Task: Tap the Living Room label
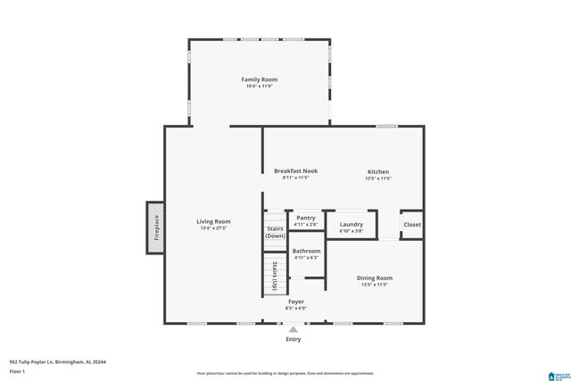(x=214, y=221)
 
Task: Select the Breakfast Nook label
(x=295, y=170)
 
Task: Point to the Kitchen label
(x=378, y=171)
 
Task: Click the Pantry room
(x=305, y=219)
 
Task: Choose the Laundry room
(x=351, y=226)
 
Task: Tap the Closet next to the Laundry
(x=411, y=225)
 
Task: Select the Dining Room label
(x=374, y=277)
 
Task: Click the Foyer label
(x=295, y=302)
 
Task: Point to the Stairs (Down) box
(x=275, y=232)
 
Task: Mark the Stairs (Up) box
(x=275, y=275)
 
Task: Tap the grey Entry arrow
(x=293, y=329)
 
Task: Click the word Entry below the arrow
(x=293, y=339)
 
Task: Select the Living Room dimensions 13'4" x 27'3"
(x=214, y=228)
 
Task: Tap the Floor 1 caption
(x=18, y=369)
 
